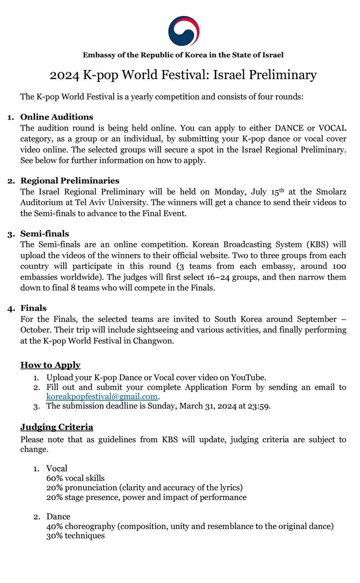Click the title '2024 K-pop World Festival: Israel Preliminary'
[183, 75]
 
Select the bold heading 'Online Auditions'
[57, 117]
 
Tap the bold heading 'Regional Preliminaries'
[70, 181]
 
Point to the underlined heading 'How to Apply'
[51, 365]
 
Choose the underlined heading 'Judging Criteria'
[57, 427]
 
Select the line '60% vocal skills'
[75, 478]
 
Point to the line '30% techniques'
[75, 535]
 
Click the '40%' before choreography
[54, 526]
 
